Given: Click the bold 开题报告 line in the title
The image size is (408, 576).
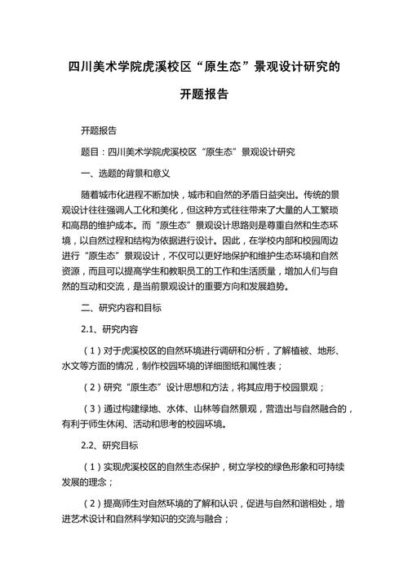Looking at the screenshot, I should [204, 95].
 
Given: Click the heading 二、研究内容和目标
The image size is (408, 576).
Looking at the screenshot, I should [121, 308].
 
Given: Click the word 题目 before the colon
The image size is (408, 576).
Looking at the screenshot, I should [91, 152].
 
